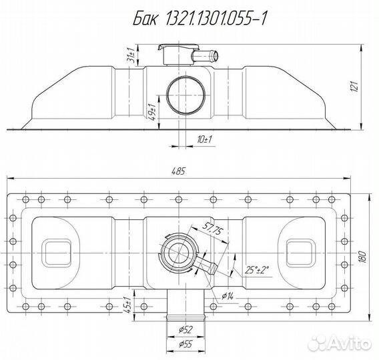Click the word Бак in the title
145,19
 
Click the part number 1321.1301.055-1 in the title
216,19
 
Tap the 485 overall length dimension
178,171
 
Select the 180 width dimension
362,257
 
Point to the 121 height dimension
354,87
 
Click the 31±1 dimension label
131,55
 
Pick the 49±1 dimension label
151,112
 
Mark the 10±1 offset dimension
204,139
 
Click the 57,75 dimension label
212,227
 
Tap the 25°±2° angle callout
257,270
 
